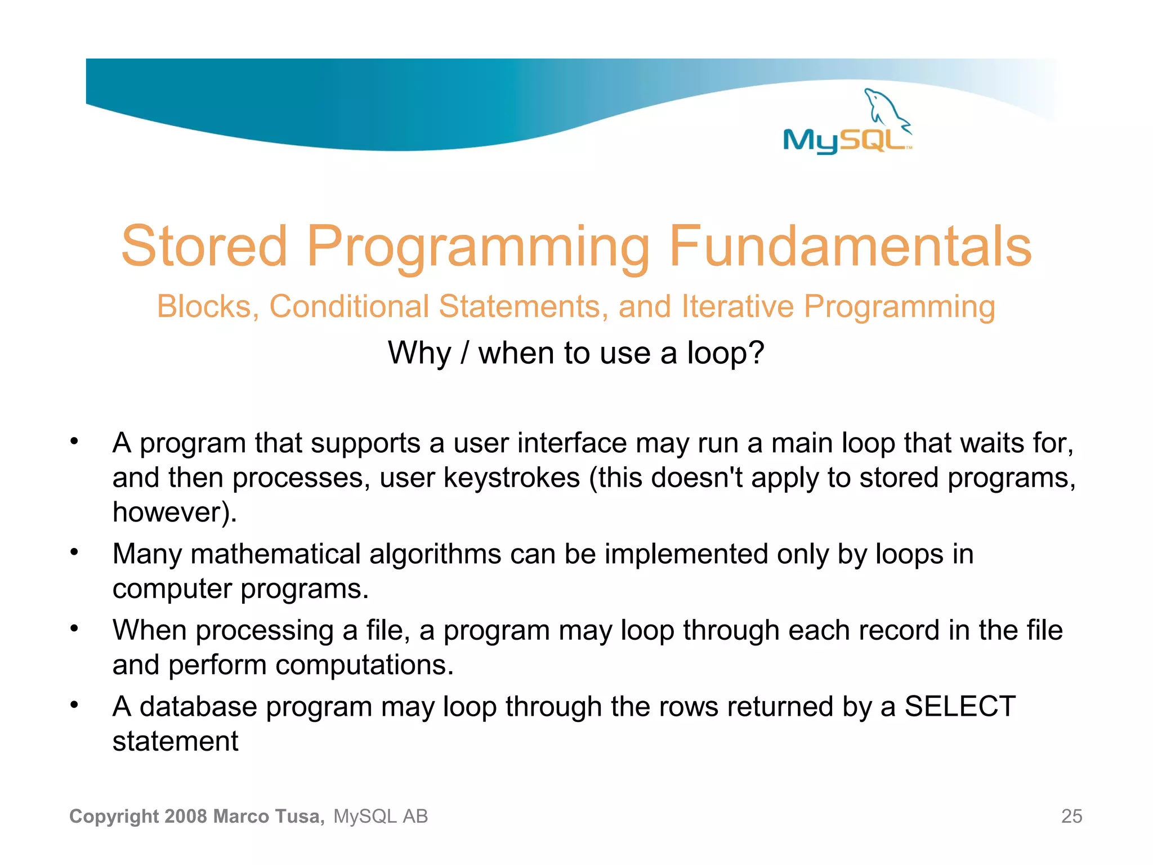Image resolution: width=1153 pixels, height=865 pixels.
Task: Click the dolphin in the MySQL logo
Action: point(885,107)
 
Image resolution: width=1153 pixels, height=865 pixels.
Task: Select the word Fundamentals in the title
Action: point(850,246)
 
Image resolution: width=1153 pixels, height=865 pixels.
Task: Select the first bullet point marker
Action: point(74,442)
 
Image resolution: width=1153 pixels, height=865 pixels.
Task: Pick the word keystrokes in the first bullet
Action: point(511,478)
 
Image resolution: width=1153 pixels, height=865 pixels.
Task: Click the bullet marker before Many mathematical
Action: point(74,552)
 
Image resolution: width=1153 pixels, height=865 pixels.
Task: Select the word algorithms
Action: point(435,554)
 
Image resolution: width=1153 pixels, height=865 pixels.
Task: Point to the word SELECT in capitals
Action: point(959,707)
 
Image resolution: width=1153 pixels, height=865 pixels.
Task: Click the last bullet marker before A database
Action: point(74,705)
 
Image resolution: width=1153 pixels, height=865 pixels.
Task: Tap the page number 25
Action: point(1071,817)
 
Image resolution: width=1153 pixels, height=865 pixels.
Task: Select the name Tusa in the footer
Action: point(300,817)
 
